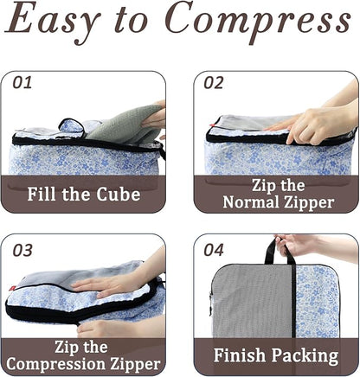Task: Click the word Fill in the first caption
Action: point(50,194)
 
